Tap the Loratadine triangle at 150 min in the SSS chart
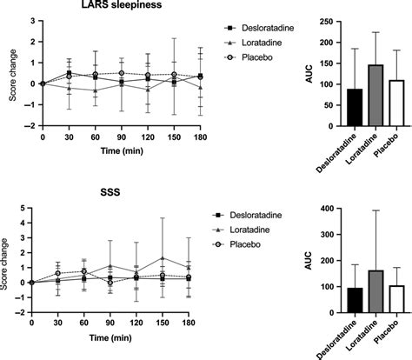(174, 258)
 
